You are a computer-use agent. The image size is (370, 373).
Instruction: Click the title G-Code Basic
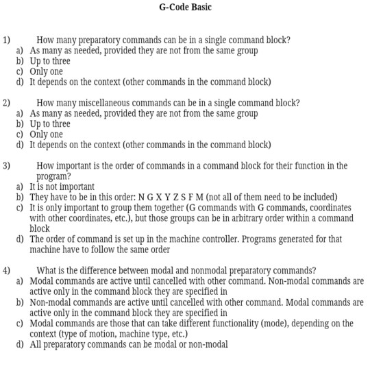(x=185, y=8)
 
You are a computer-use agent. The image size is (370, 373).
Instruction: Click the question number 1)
(x=7, y=40)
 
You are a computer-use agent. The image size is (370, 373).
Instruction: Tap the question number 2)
(x=7, y=103)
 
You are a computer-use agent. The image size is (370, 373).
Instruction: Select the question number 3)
(x=7, y=166)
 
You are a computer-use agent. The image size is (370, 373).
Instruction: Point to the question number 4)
(x=7, y=270)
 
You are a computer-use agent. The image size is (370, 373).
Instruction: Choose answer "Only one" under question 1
(x=47, y=71)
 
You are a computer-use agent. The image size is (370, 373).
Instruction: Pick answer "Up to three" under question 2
(x=50, y=124)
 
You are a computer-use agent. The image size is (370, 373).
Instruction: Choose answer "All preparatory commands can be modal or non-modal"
(x=129, y=344)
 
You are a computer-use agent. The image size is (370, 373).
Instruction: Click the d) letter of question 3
(x=21, y=239)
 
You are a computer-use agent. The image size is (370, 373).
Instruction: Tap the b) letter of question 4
(x=21, y=302)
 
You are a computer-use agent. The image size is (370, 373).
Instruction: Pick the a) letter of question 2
(x=21, y=114)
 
